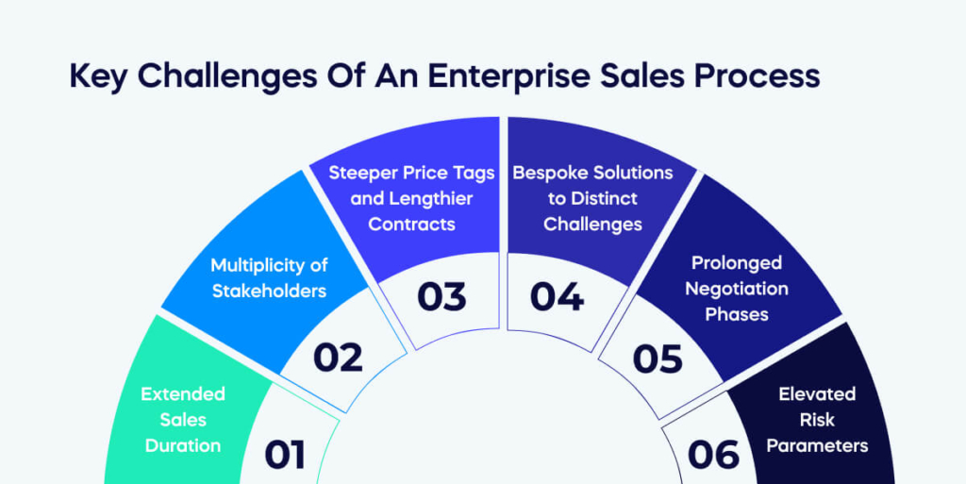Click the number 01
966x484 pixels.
click(x=285, y=455)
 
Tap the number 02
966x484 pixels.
click(x=338, y=358)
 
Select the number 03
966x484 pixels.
click(x=441, y=296)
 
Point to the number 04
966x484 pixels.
click(x=557, y=296)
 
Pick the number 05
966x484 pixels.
click(x=658, y=359)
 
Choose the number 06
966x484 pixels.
click(x=714, y=455)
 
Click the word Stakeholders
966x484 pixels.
click(x=269, y=290)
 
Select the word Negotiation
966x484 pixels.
click(x=737, y=288)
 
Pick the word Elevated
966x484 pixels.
click(x=817, y=393)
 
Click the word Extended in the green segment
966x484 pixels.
click(x=183, y=393)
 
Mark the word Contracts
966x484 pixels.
click(x=411, y=224)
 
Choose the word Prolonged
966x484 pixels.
click(x=737, y=262)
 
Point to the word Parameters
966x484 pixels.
click(x=817, y=444)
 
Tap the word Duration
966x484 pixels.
click(x=183, y=444)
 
